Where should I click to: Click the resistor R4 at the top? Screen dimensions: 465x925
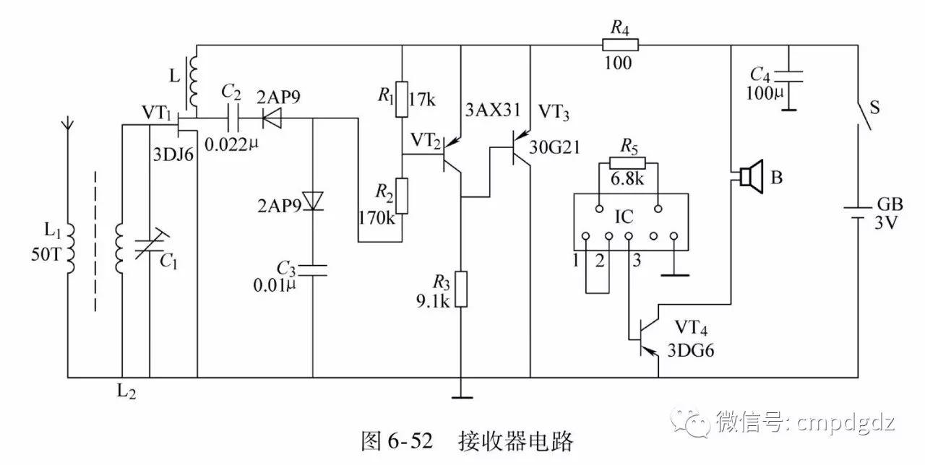(620, 45)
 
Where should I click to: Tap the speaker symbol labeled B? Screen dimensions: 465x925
(749, 176)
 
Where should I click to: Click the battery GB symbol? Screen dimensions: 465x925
(859, 211)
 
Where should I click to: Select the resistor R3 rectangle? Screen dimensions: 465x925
(460, 290)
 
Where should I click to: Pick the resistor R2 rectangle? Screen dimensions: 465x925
(403, 195)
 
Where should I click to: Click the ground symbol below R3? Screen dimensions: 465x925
(460, 395)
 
